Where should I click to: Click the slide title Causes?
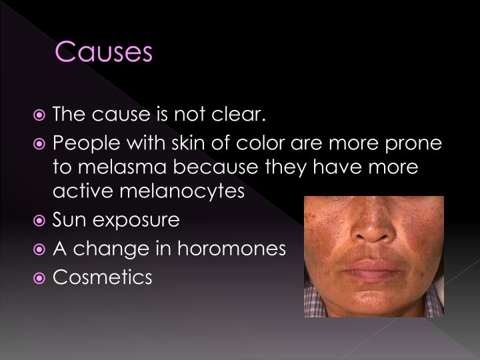click(103, 51)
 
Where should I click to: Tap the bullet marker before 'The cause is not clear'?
click(41, 115)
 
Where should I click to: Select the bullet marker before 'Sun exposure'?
click(41, 219)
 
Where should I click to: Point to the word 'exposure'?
click(137, 220)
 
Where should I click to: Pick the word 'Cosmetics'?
click(102, 277)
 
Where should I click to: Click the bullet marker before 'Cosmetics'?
click(41, 277)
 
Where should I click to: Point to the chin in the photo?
click(373, 299)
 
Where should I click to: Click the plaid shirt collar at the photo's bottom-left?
click(313, 303)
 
